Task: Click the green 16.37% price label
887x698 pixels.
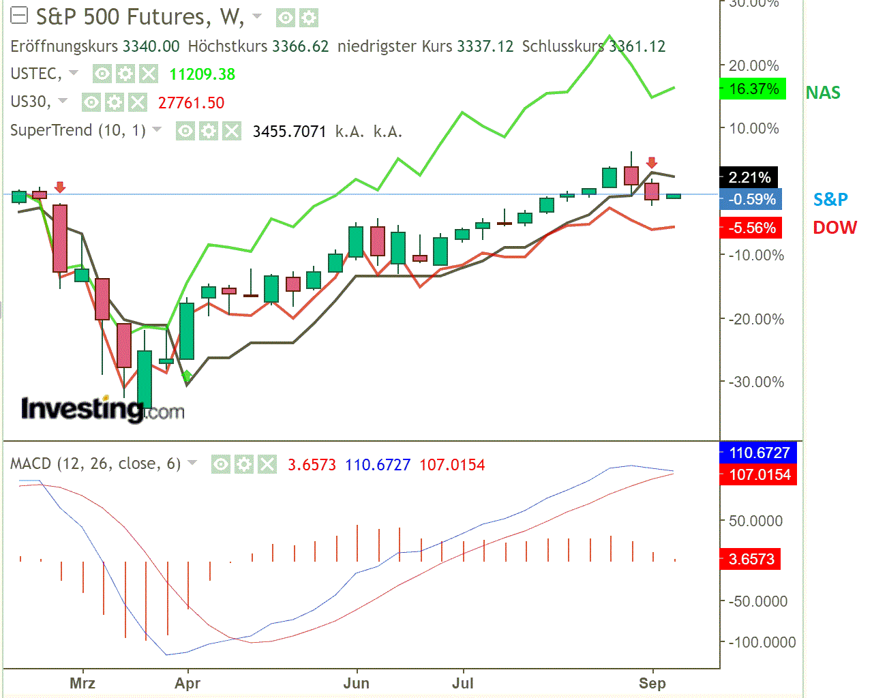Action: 753,89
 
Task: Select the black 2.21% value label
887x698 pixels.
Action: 749,178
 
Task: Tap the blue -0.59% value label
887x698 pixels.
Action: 751,200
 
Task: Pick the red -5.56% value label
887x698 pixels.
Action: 751,228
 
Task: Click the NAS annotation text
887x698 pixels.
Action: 823,93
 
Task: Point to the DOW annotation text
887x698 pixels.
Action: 835,228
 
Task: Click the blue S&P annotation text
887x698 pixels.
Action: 830,199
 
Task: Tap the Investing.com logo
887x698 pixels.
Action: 102,409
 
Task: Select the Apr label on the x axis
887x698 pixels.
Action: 187,683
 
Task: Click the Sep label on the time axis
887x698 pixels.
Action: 652,683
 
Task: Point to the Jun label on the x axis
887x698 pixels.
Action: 356,683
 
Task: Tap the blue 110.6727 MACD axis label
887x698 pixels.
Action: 759,453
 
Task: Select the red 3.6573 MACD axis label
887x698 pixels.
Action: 751,560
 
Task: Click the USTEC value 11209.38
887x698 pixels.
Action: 202,74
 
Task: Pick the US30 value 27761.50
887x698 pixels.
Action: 191,103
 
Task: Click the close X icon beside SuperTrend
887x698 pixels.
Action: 232,131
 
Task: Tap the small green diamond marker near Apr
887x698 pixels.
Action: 187,376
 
